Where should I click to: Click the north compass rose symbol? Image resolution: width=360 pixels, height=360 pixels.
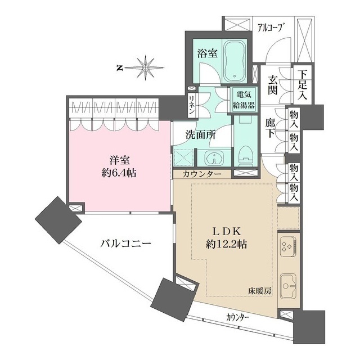(146, 67)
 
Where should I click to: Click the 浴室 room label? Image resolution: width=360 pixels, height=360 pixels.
(208, 53)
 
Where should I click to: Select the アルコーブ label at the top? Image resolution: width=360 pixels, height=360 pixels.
(268, 26)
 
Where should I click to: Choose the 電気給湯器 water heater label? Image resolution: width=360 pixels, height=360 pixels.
(245, 100)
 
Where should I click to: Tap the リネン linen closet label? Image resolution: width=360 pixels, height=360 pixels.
(191, 106)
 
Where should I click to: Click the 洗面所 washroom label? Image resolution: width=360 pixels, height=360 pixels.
(201, 135)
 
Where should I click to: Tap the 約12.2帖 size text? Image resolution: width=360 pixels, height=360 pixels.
(227, 245)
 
